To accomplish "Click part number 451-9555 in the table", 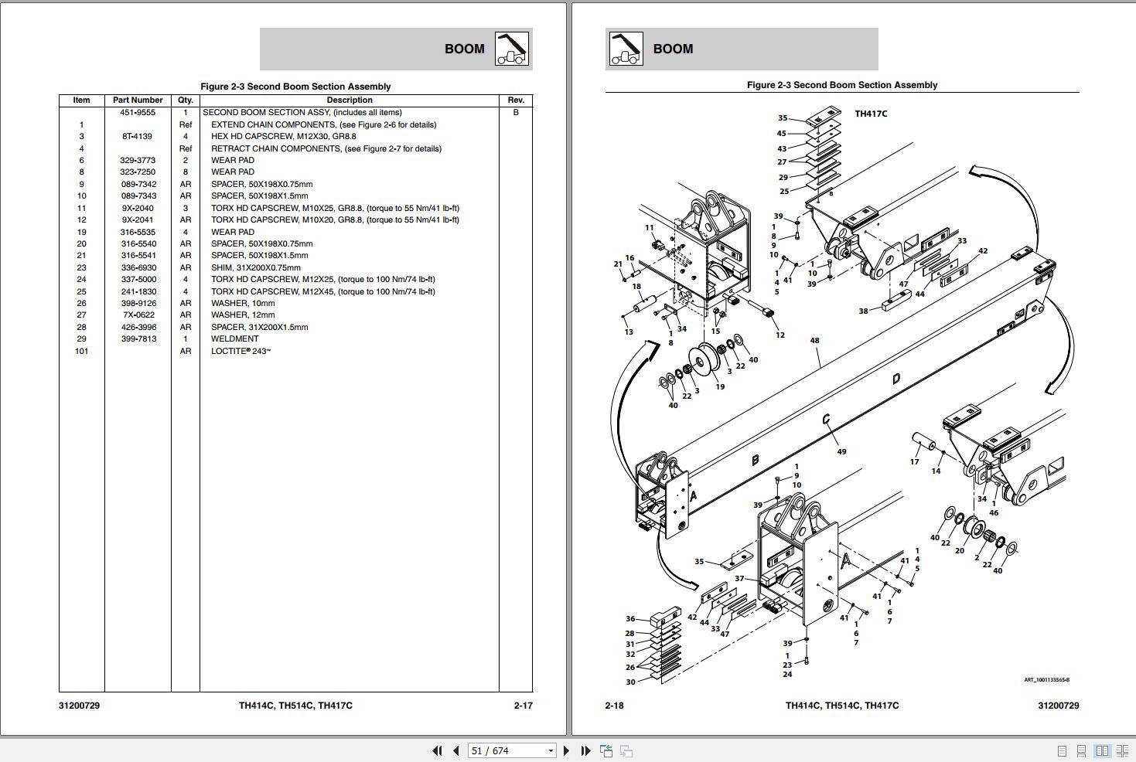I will (x=138, y=112).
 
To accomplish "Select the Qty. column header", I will (x=186, y=100).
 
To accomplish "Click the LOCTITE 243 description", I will (x=241, y=351).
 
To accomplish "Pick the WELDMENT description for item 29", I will (x=234, y=338).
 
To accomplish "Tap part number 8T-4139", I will (x=138, y=136).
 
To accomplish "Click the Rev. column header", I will (x=516, y=100).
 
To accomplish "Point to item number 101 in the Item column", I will (x=81, y=351).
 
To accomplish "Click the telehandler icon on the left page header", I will (x=512, y=49).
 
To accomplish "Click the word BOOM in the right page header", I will (x=673, y=49).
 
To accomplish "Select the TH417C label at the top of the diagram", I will (x=871, y=114).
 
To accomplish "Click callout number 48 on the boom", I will (x=814, y=340).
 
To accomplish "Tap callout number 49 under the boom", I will (x=841, y=451).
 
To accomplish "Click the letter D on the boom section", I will (x=895, y=379).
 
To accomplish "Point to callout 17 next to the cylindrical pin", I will (x=914, y=461).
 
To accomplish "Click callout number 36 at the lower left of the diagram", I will (x=630, y=618).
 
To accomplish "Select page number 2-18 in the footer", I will (x=614, y=705).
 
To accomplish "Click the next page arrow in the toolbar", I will (x=566, y=750).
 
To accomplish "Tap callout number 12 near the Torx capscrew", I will (x=780, y=335).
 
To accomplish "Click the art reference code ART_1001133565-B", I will (x=1046, y=680).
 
